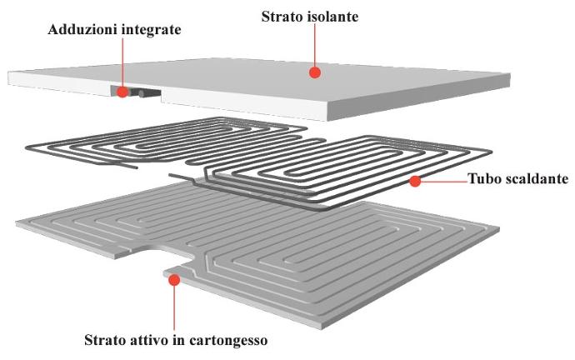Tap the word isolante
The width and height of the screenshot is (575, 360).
332,16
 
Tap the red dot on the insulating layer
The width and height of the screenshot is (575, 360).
315,72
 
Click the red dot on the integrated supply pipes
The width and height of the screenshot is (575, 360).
122,92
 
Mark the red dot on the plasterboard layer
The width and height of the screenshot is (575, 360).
173,280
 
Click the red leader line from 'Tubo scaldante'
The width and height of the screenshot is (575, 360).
442,180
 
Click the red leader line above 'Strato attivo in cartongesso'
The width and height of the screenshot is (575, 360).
173,308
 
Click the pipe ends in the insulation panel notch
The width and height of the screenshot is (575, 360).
142,92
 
